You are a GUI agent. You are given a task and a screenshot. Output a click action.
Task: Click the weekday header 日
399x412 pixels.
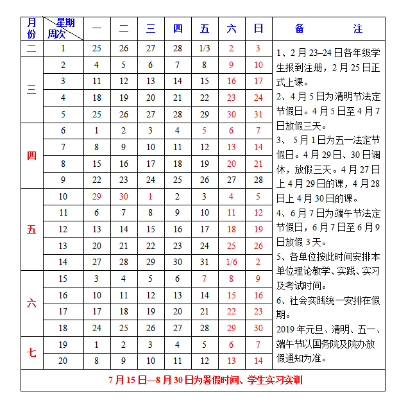click(259, 29)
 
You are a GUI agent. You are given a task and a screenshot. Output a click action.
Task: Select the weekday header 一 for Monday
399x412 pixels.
click(97, 29)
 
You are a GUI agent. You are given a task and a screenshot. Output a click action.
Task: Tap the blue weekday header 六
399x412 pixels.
click(232, 29)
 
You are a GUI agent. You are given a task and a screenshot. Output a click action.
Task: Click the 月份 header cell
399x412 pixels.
click(31, 29)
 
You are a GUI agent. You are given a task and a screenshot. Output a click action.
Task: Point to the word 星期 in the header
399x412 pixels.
click(65, 23)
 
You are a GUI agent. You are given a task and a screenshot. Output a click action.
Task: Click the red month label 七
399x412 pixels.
click(31, 352)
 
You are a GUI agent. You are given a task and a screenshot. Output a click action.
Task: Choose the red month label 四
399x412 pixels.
click(31, 156)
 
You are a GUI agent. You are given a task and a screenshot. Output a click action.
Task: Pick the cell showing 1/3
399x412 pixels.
click(205, 48)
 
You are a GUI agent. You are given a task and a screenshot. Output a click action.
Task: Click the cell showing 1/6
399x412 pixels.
click(232, 262)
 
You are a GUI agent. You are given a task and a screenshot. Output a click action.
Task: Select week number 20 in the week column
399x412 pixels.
click(63, 361)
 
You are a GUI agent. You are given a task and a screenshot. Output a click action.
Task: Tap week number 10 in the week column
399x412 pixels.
click(63, 196)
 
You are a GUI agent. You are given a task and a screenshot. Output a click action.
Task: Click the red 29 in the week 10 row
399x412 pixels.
click(97, 196)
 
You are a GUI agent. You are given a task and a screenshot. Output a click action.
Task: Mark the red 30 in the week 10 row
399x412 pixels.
click(124, 196)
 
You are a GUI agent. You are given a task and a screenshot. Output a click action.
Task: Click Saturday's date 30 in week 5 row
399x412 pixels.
click(232, 114)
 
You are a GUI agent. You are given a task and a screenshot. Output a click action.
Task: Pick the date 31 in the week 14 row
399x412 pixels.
click(205, 262)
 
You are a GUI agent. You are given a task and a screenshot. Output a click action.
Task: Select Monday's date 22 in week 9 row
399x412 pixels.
click(97, 180)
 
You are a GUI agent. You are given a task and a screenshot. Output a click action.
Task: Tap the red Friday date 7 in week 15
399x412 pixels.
click(205, 279)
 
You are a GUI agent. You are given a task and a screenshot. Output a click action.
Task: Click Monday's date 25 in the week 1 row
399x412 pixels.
click(97, 48)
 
